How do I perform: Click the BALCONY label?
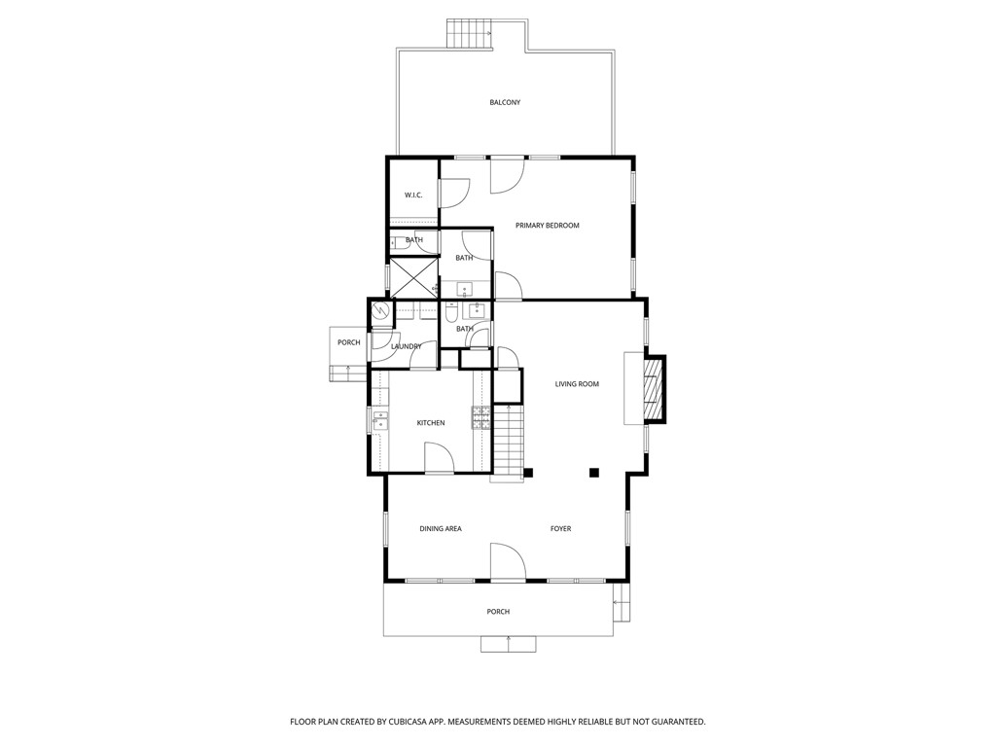[505, 102]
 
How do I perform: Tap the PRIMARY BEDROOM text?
[547, 226]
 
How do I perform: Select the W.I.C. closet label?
[413, 196]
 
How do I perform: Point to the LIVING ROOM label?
[577, 384]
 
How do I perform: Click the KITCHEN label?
[431, 423]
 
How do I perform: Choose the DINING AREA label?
[441, 529]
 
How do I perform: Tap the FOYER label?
[560, 529]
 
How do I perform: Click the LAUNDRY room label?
[406, 347]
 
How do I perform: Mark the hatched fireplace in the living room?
[656, 389]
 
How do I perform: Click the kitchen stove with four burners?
[481, 417]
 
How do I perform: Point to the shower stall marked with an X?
[414, 277]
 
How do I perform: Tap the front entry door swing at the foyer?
[507, 563]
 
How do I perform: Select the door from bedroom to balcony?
[507, 174]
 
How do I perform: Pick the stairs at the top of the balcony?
[471, 35]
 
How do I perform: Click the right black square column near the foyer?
[593, 474]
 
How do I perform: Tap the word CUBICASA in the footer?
[423, 722]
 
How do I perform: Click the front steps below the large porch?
[508, 644]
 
